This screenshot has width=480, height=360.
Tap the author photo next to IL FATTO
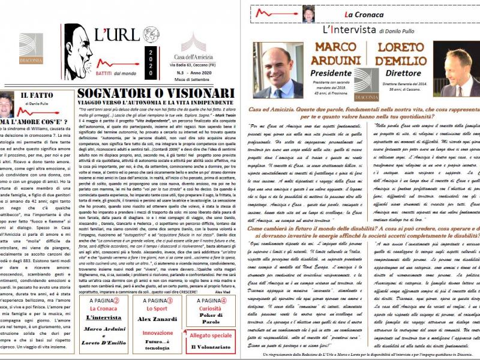7,103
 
